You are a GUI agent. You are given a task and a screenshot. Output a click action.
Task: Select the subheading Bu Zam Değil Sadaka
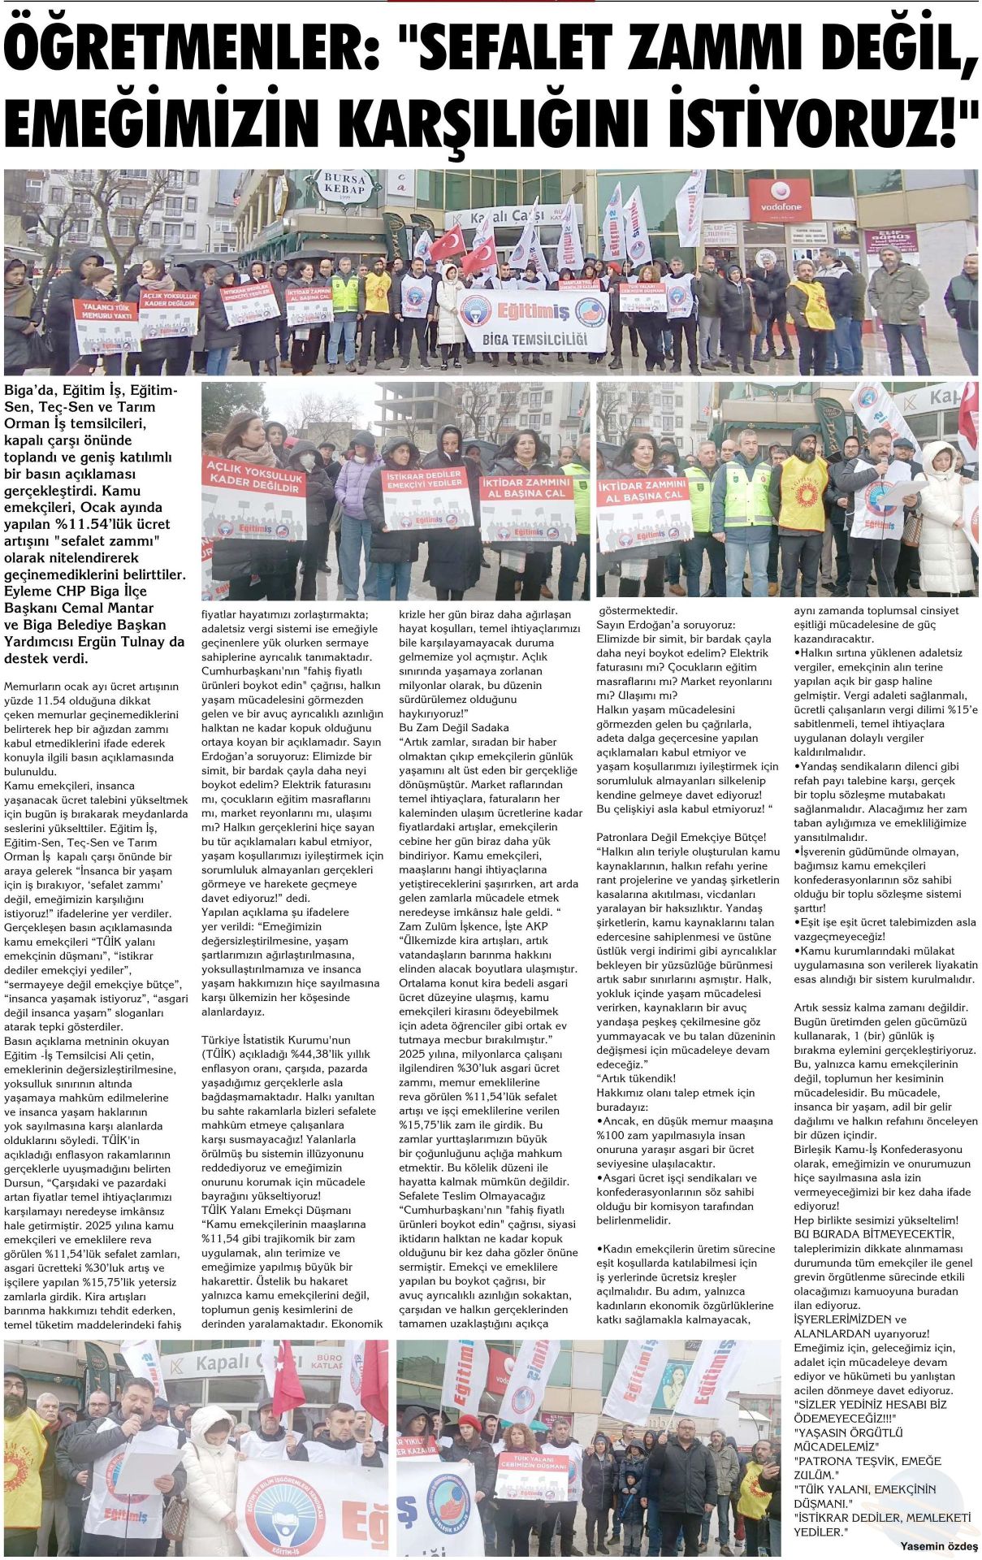[x=453, y=727]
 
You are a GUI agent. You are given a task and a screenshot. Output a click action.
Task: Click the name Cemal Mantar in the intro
[x=112, y=608]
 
